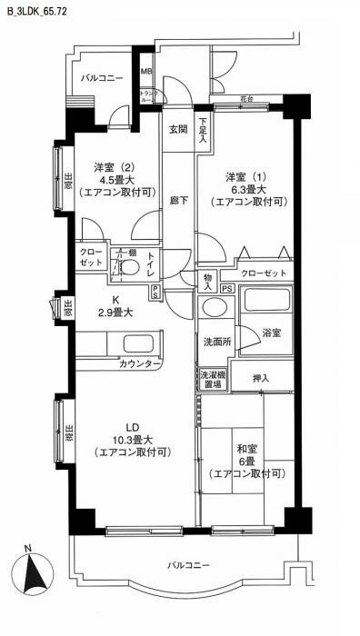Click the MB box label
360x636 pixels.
coord(145,70)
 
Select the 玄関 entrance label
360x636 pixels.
coord(178,129)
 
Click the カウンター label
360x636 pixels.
coord(141,363)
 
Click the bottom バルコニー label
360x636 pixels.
coord(188,565)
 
